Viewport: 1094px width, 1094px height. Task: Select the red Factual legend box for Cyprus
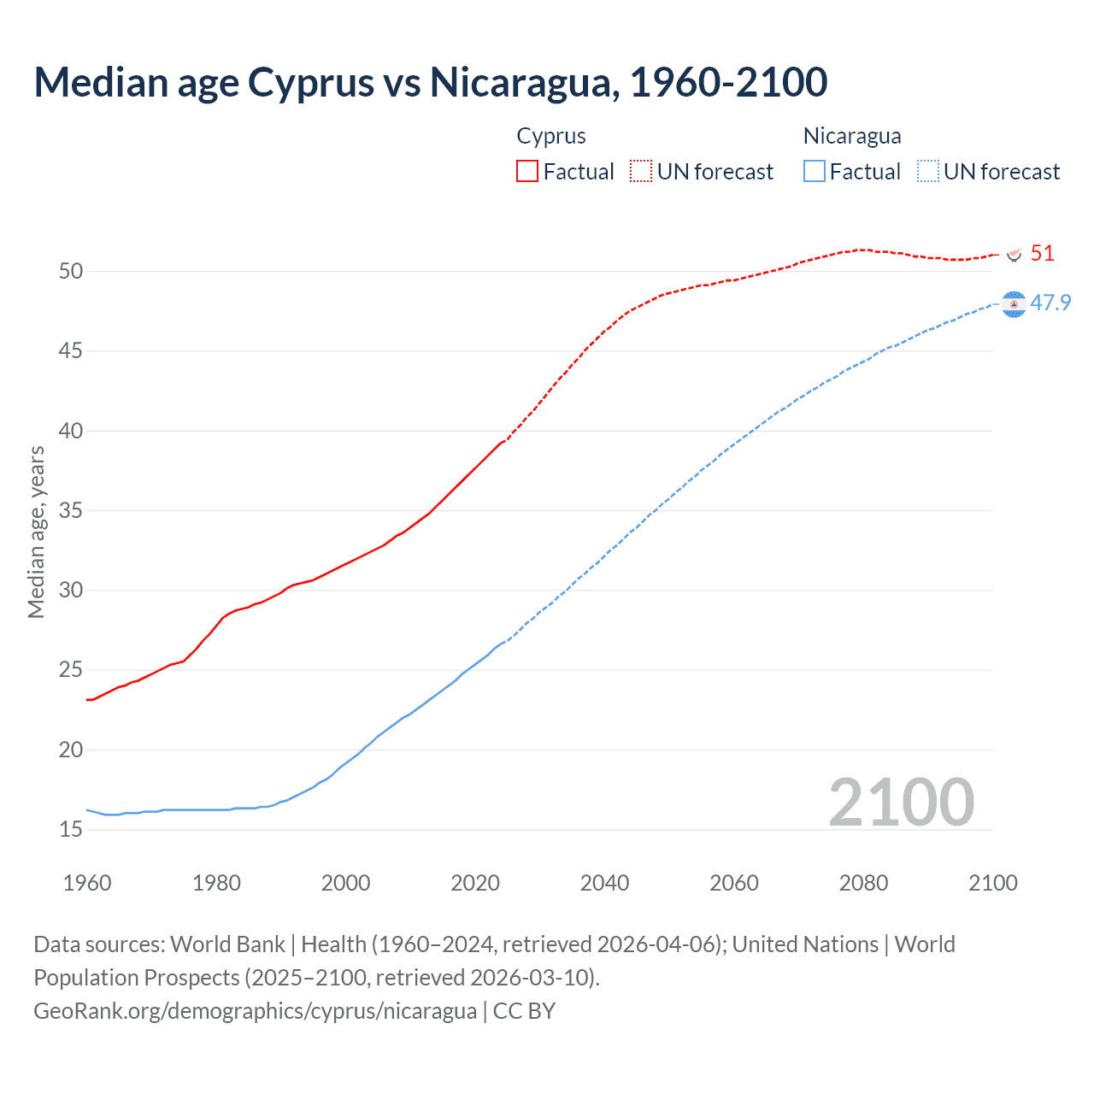point(527,171)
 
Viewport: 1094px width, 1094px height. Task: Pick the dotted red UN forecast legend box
point(641,171)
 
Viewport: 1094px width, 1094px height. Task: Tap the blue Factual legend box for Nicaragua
point(814,171)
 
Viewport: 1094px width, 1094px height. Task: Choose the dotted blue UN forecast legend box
point(927,171)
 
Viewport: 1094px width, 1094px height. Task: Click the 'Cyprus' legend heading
point(551,136)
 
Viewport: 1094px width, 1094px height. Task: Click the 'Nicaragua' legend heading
point(852,136)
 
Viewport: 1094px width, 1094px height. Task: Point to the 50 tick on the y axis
point(71,271)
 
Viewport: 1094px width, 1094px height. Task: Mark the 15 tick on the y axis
point(71,829)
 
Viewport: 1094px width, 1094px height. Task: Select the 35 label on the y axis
point(71,510)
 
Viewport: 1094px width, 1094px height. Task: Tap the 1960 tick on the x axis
point(87,883)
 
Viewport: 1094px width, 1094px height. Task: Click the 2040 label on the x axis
point(604,883)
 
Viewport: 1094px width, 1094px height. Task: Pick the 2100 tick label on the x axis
point(992,883)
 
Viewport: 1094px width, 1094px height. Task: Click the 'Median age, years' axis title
point(36,532)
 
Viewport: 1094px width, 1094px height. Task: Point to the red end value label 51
point(1042,254)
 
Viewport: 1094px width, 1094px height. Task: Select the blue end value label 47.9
point(1050,303)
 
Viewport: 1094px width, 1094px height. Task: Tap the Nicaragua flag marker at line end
point(1014,304)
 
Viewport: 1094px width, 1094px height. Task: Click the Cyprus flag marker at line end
point(1014,255)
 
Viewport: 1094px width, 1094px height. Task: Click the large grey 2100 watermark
point(901,802)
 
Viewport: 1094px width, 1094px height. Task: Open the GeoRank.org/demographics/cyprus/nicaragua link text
point(255,1010)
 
